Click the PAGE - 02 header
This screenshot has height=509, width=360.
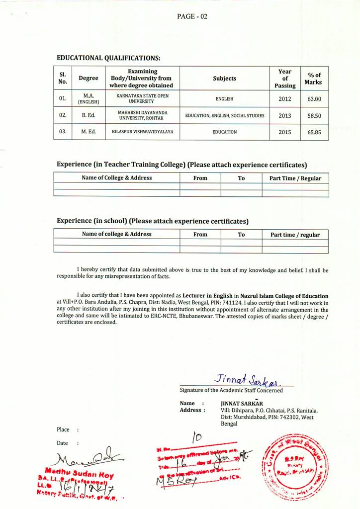(192, 16)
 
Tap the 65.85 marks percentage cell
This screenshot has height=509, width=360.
(314, 133)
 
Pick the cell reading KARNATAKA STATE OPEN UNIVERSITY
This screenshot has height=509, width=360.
(142, 98)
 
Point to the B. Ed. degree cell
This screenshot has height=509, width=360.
(89, 116)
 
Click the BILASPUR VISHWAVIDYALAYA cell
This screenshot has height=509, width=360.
(142, 132)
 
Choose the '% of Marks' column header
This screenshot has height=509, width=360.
(314, 79)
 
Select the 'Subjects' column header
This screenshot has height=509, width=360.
(224, 79)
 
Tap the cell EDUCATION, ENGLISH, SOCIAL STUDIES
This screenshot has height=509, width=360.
(224, 116)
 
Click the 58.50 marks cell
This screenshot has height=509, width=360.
(314, 116)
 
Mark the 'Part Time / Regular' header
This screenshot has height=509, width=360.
(295, 178)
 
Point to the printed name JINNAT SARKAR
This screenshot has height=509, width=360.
(242, 403)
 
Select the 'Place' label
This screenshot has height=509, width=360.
(63, 429)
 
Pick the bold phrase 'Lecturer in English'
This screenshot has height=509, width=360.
(207, 296)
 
